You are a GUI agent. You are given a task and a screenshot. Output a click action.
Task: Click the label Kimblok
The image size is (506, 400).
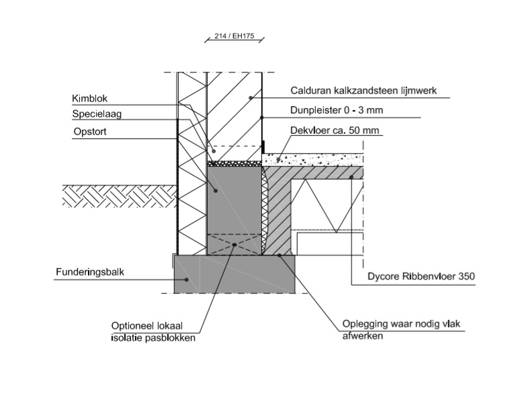click(89, 98)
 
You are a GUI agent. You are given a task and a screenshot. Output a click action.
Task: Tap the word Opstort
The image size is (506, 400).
click(89, 132)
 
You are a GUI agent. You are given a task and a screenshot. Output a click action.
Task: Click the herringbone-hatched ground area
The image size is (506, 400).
click(118, 196)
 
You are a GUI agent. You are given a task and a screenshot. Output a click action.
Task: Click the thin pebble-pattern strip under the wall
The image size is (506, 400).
click(233, 163)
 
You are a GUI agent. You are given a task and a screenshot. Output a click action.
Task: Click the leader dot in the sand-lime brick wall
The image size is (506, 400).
click(250, 98)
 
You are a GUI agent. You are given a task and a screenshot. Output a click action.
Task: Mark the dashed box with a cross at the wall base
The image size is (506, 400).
click(233, 245)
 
